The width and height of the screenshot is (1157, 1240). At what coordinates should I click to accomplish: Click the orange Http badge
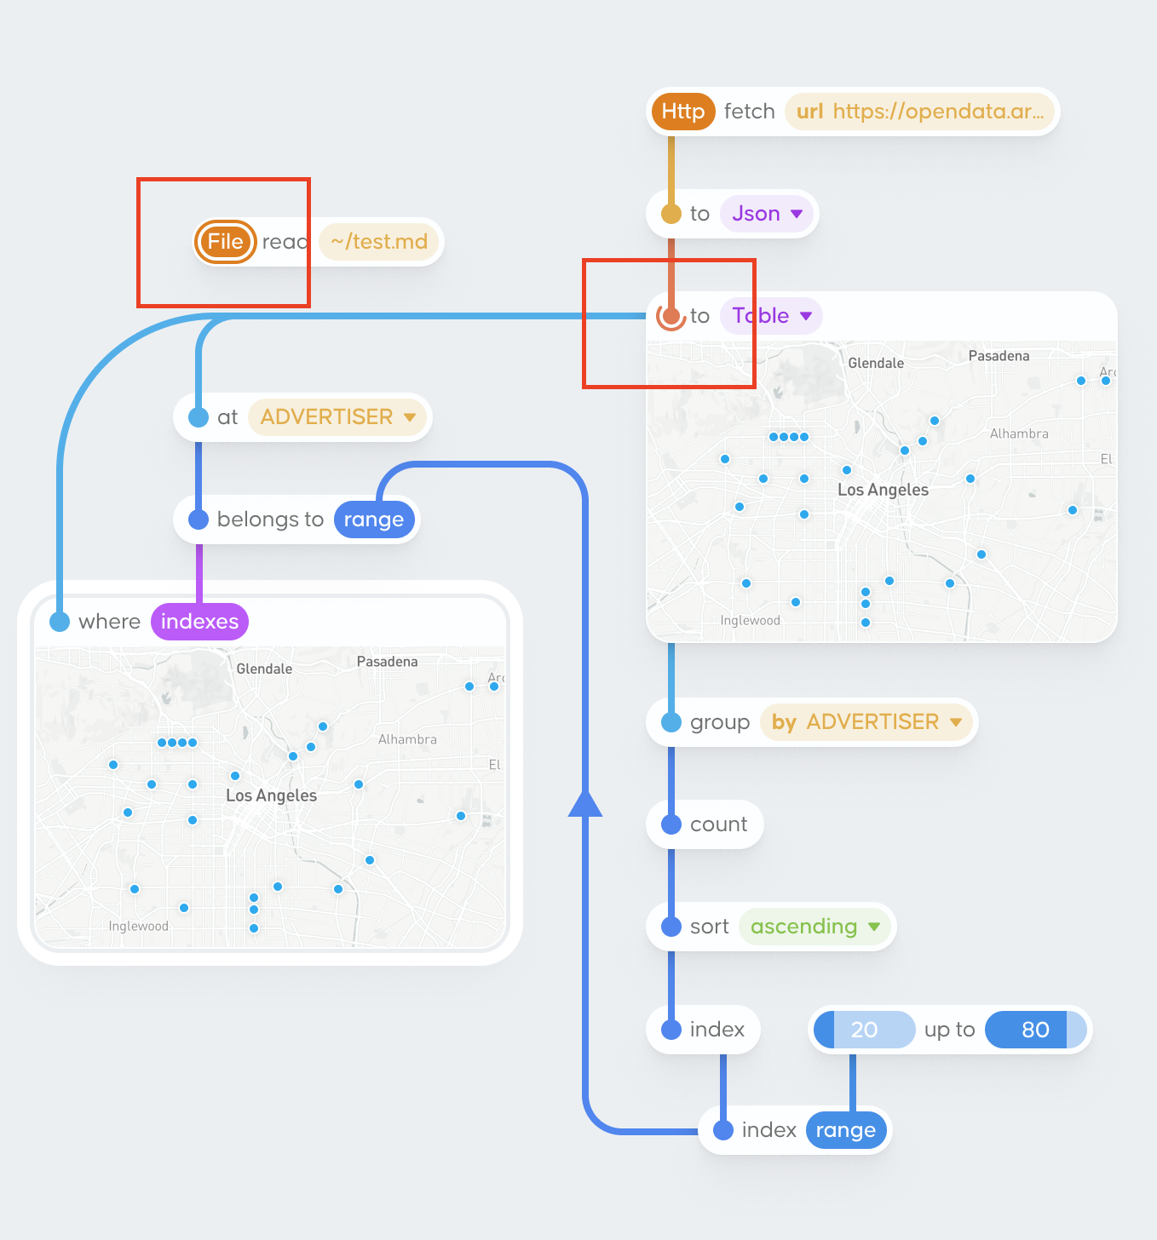coord(682,112)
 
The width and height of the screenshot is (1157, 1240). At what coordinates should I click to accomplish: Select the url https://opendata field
coord(919,112)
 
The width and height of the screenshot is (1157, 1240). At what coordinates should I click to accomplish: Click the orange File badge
coord(225,242)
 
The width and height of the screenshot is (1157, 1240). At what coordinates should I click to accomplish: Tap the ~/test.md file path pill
coord(379,242)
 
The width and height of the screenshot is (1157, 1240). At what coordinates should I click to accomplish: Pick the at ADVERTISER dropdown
coord(337,417)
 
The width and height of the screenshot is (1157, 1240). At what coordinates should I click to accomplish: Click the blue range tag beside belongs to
coord(373,520)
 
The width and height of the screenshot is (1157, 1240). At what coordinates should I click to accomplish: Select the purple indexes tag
coord(199,622)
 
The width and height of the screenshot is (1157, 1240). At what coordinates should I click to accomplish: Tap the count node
coord(717,824)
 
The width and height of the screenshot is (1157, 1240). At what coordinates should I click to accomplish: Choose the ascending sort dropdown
coord(815,927)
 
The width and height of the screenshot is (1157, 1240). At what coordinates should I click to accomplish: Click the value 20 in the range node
coord(864,1030)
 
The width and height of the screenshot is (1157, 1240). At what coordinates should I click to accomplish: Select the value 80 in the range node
coord(1034,1030)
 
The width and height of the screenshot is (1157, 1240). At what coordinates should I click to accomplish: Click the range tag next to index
coord(845,1130)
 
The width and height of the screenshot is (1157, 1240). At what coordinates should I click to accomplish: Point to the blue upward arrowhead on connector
coord(585,803)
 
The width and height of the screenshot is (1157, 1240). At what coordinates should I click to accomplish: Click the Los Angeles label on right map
coord(883,490)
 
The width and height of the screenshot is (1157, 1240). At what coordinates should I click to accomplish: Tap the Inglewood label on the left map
coord(138,927)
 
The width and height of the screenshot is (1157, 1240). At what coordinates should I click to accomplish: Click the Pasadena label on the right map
coord(999,356)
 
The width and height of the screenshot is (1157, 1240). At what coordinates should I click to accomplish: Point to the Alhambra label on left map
coord(407,739)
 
